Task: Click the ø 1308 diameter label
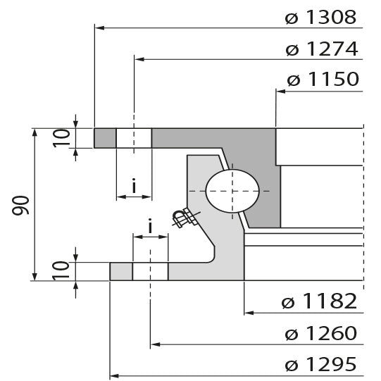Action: (321, 17)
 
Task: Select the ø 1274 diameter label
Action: (321, 49)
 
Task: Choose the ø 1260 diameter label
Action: (320, 334)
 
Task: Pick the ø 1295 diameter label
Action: (320, 366)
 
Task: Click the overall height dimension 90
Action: (20, 205)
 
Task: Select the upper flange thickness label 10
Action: (61, 138)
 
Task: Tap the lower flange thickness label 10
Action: (61, 271)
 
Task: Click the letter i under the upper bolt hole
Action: (134, 187)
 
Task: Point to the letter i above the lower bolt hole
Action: (150, 226)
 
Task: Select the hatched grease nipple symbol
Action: (185, 218)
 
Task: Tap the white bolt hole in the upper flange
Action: (134, 138)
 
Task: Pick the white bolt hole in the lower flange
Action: (150, 271)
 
